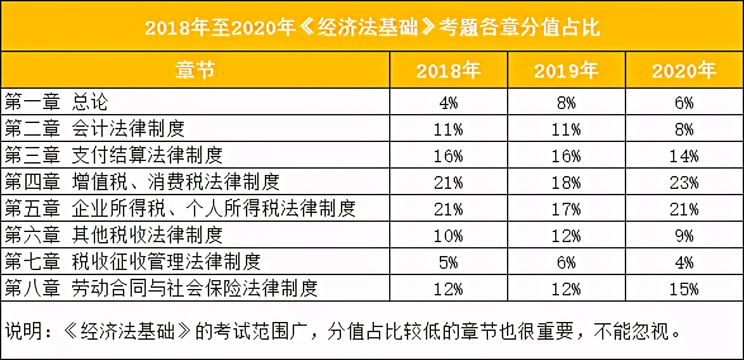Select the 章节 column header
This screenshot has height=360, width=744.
[x=195, y=70]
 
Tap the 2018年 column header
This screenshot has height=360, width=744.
[x=448, y=70]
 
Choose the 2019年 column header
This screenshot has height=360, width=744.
[x=566, y=70]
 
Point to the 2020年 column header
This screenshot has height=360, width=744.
[x=684, y=70]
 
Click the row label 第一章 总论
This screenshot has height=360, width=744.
[x=57, y=102]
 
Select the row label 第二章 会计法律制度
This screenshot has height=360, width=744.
[x=95, y=129]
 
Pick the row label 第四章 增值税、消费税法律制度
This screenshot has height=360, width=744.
[x=143, y=182]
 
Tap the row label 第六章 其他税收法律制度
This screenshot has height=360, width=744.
[x=114, y=235]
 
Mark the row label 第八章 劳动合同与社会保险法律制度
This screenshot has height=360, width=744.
[x=161, y=288]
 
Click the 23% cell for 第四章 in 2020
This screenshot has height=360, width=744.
[x=684, y=183]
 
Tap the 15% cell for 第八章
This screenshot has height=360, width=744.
[x=684, y=289]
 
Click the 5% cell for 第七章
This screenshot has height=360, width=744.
[x=448, y=262]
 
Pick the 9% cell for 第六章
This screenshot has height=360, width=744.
[x=684, y=236]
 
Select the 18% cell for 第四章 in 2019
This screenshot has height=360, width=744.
[x=566, y=183]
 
